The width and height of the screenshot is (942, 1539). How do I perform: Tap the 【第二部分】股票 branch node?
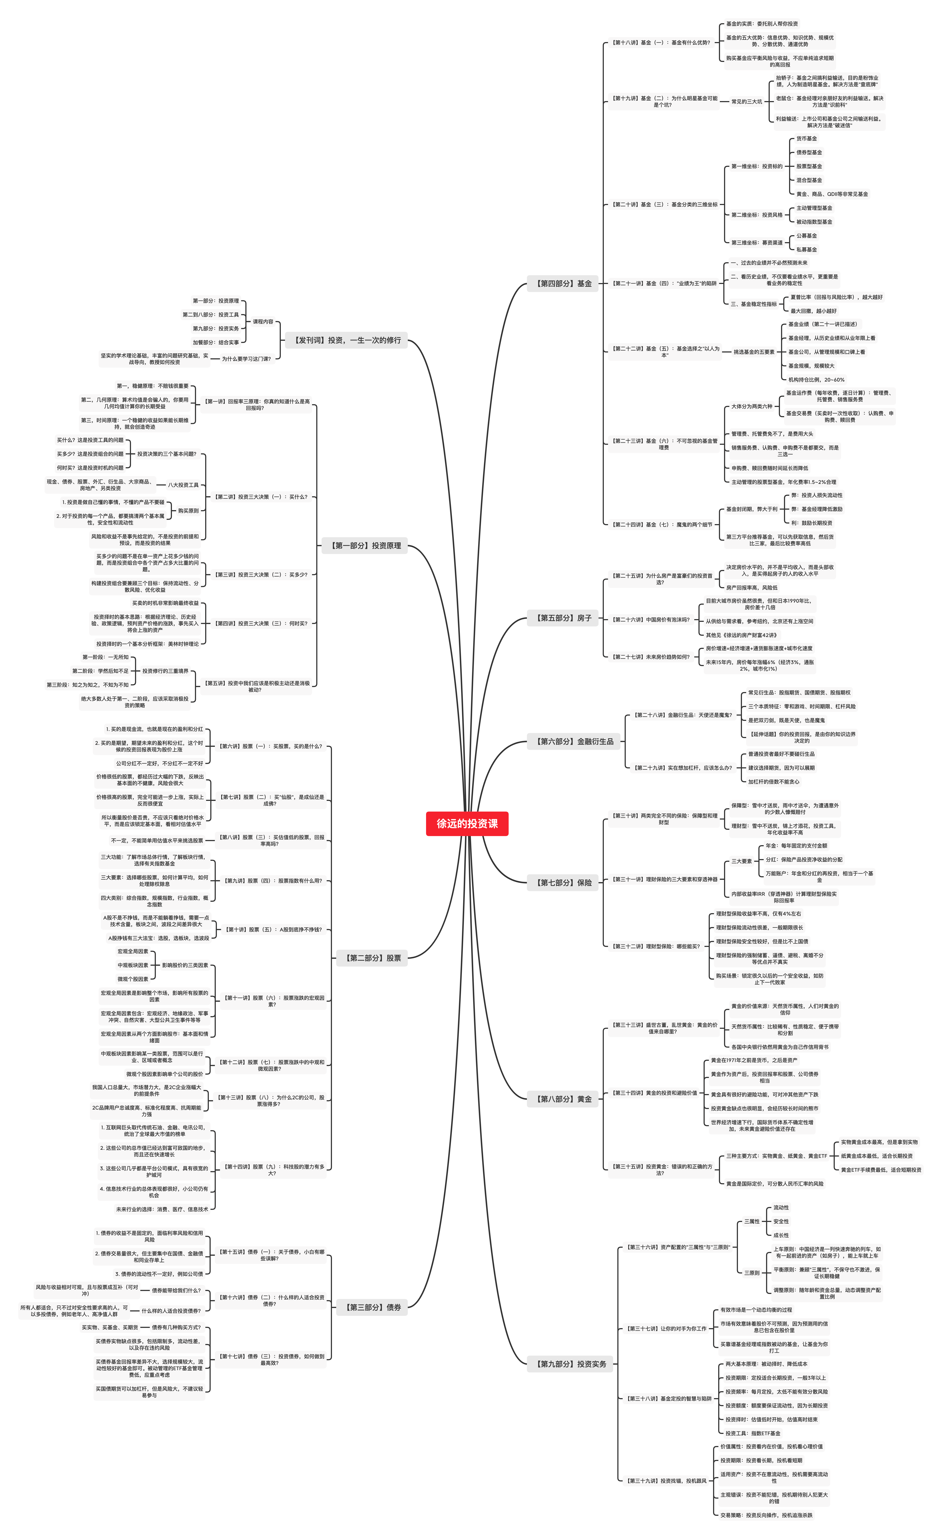[372, 958]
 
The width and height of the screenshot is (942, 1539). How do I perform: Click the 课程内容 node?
[263, 322]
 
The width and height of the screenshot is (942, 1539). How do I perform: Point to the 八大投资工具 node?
[183, 485]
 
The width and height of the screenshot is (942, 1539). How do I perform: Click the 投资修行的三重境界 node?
[165, 671]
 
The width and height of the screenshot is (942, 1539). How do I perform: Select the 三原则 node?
[751, 1272]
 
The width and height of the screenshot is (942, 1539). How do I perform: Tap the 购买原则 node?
[188, 510]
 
